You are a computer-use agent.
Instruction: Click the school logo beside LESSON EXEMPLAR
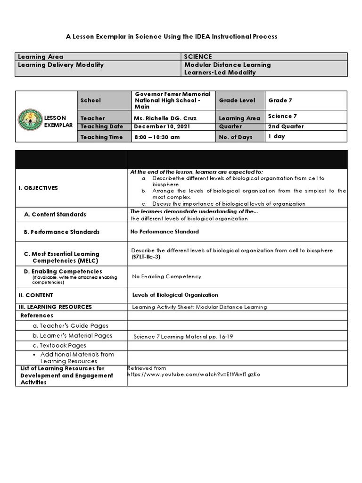pos(29,121)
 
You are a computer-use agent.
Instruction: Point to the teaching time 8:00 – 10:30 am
pos(157,137)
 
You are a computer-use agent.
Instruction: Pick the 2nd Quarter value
pos(286,126)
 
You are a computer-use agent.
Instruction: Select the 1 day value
pos(277,136)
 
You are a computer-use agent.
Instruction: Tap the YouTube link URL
pos(194,375)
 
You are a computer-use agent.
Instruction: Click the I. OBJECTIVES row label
pos(38,188)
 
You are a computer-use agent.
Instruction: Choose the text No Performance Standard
pos(165,232)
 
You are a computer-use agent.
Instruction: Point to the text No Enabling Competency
pos(167,276)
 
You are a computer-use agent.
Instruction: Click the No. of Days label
pos(236,137)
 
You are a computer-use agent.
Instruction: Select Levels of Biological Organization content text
pos(175,295)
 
